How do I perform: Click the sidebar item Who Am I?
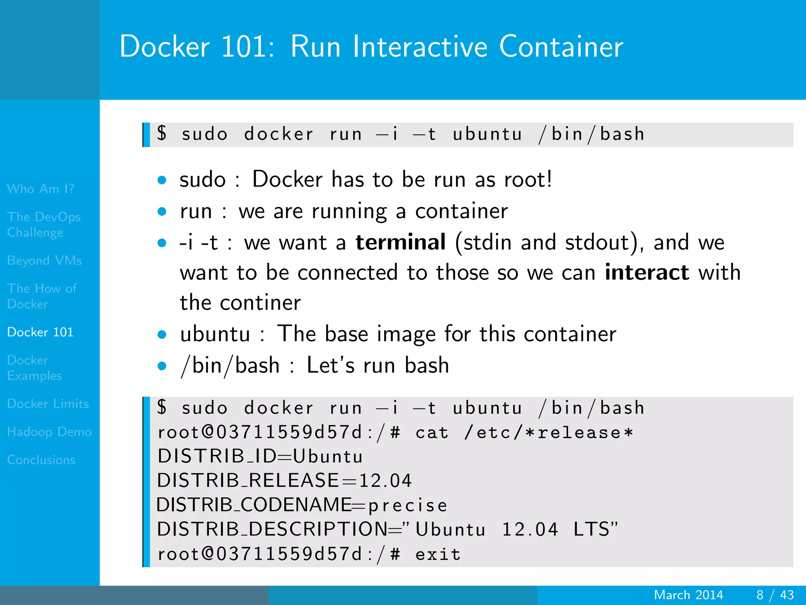click(41, 189)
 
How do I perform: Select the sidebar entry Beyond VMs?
click(44, 260)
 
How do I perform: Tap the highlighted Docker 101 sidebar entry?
click(40, 332)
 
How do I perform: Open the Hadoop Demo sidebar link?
click(49, 432)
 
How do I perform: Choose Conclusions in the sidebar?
click(41, 460)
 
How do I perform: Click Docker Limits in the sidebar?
click(48, 404)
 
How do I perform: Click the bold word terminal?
click(401, 242)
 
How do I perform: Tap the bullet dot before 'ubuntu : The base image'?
click(162, 335)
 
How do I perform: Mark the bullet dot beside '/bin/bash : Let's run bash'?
click(162, 366)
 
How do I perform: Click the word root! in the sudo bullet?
click(528, 180)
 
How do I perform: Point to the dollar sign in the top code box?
click(162, 133)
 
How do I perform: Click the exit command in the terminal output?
click(438, 554)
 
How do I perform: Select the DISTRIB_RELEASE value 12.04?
click(385, 481)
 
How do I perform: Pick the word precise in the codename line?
click(408, 505)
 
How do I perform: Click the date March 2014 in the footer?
click(688, 595)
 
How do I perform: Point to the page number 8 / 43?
click(775, 595)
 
